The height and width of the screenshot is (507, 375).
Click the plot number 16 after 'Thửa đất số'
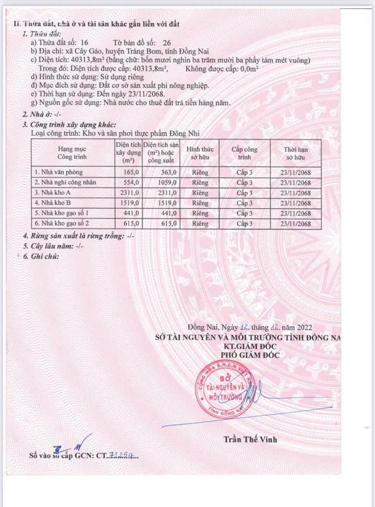pos(84,43)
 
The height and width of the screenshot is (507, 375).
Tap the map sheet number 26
pos(167,43)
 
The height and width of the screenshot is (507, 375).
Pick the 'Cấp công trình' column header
pos(244,153)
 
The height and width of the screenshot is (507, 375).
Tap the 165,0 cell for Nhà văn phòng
pos(130,172)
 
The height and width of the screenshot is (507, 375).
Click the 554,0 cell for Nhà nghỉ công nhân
pos(130,182)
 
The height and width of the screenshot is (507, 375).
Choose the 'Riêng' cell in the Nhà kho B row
pos(200,203)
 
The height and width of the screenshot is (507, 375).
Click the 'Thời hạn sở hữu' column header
pos(296,153)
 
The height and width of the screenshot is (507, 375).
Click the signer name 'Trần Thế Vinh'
pos(250,439)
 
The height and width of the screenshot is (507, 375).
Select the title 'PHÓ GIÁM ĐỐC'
pos(250,355)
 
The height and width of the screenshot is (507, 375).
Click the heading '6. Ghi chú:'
pos(41,256)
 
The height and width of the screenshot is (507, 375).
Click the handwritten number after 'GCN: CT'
pos(120,454)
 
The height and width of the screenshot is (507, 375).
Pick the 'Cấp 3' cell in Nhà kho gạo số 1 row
pos(244,213)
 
